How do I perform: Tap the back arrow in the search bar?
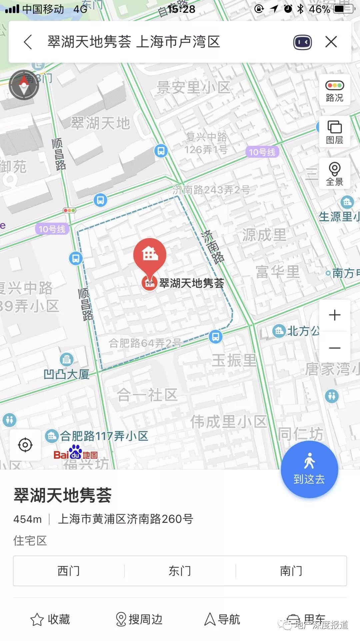click(x=28, y=42)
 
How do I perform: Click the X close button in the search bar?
click(x=331, y=42)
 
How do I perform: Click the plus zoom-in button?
click(x=335, y=315)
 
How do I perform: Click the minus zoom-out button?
click(x=335, y=348)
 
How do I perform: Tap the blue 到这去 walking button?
click(x=309, y=469)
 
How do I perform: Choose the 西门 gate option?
click(x=69, y=571)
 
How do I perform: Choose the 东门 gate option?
click(x=180, y=571)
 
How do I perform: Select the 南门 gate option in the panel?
click(x=291, y=571)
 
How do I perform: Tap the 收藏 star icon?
click(x=37, y=620)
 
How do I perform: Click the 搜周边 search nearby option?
click(x=139, y=619)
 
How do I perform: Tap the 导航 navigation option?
click(x=222, y=619)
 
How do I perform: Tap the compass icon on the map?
click(x=24, y=85)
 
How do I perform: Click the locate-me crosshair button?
click(x=25, y=445)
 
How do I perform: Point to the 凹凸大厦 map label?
click(x=67, y=374)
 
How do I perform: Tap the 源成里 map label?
click(x=264, y=235)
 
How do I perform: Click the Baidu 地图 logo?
click(x=76, y=453)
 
